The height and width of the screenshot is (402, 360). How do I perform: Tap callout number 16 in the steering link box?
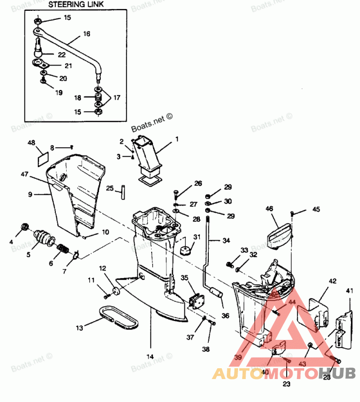[x=87, y=34]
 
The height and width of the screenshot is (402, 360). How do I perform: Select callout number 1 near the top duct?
[x=177, y=139]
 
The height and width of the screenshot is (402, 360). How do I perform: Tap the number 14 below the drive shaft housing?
[x=150, y=356]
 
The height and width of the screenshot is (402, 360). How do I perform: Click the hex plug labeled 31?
[x=184, y=250]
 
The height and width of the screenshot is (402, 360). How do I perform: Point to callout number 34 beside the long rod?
[x=226, y=240]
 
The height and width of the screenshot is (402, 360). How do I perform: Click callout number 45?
[x=316, y=209]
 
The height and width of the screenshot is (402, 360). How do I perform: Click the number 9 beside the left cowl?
[x=30, y=194]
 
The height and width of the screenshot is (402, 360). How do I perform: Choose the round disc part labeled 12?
[x=115, y=290]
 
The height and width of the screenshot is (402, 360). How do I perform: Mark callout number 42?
[x=333, y=281]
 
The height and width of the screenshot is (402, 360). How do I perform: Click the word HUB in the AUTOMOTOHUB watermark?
[x=337, y=373]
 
